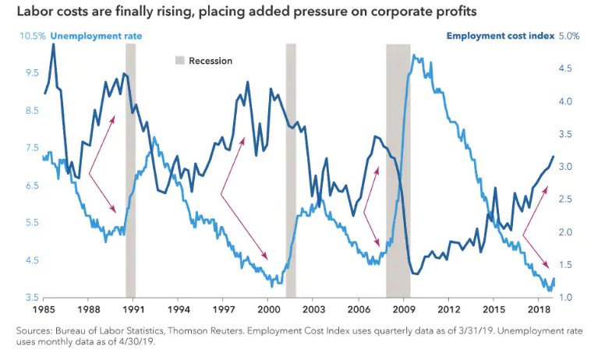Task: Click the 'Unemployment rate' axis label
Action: coord(96,36)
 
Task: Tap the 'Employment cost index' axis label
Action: coord(500,36)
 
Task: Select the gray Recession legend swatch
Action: coord(179,60)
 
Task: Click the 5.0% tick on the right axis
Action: coord(571,36)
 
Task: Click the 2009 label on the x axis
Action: coord(403,309)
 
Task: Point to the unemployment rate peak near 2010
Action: coord(414,56)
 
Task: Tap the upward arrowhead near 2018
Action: coord(547,188)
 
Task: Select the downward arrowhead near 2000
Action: coord(267,259)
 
